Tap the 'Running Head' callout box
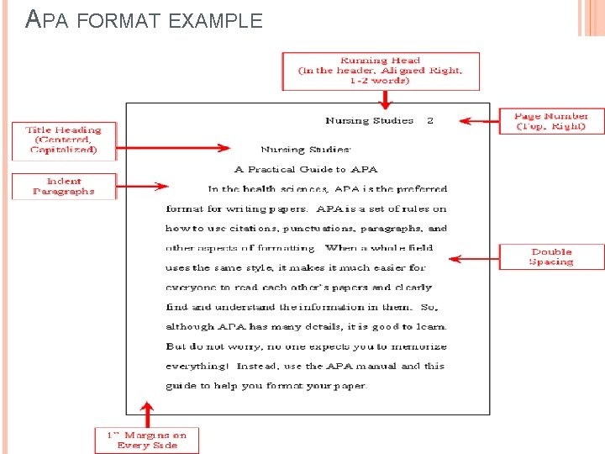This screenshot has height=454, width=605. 381,71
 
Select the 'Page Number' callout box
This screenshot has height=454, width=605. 550,121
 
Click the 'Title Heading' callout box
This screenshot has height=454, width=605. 63,140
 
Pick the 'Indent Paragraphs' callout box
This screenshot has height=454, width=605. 63,186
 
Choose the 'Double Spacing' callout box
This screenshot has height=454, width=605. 551,256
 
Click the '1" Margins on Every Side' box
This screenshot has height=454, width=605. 146,440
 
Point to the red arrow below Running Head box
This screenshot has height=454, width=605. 385,99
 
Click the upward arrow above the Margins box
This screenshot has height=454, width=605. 148,414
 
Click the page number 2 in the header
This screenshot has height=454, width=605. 430,121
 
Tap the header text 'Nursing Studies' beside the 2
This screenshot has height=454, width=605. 369,121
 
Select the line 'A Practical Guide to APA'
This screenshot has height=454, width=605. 306,169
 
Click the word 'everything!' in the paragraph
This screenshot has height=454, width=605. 197,367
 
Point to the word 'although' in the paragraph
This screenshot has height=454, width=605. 191,327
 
